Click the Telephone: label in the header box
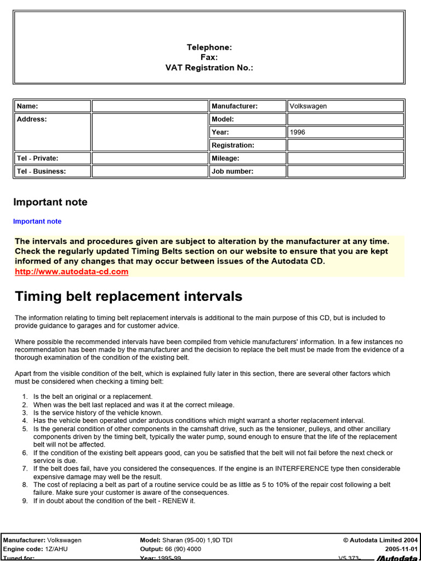tap(209, 48)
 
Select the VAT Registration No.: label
tap(209, 68)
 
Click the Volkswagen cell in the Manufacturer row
tap(308, 106)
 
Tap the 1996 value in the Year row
tap(298, 132)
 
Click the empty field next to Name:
tap(150, 106)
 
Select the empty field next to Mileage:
tap(345, 158)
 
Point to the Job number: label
tap(232, 171)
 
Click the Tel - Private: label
tap(37, 158)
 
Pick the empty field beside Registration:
tap(345, 145)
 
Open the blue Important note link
tap(37, 221)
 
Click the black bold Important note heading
tap(50, 202)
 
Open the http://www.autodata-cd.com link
tap(72, 271)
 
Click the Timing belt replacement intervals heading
tap(128, 296)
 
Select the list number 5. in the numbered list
tap(25, 429)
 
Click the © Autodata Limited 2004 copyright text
tap(380, 540)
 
